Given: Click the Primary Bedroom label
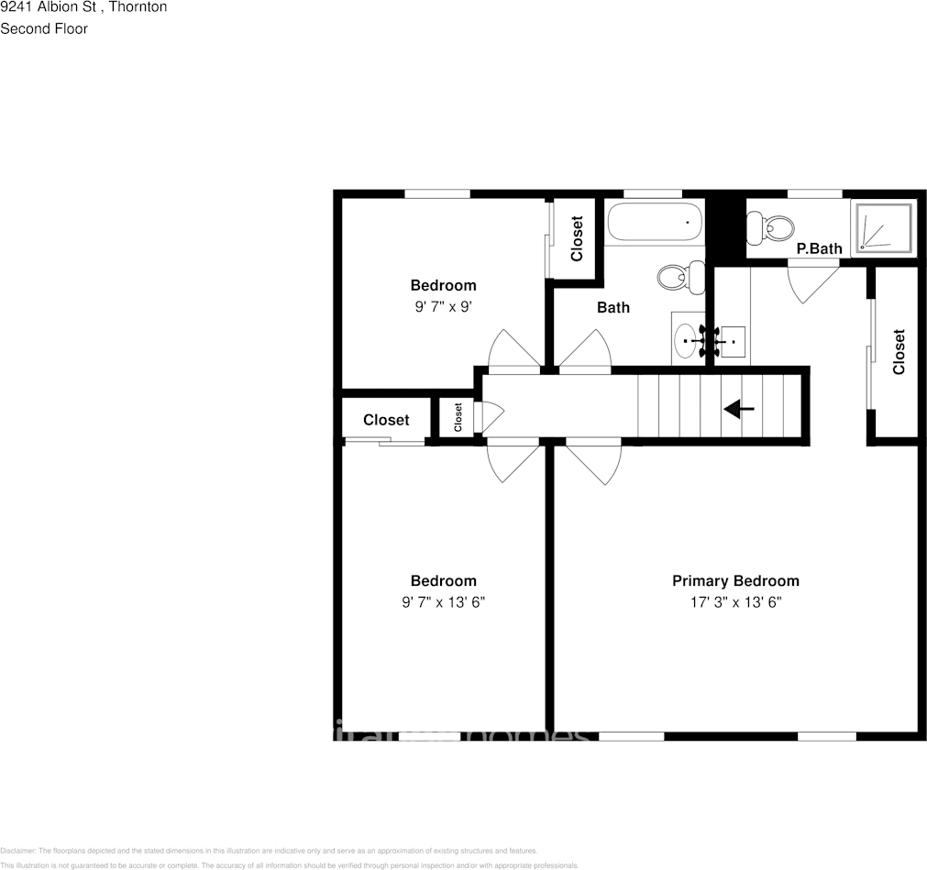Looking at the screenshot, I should pyautogui.click(x=735, y=580).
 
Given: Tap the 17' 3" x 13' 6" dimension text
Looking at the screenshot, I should pyautogui.click(x=735, y=602).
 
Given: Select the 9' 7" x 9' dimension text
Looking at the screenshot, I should pyautogui.click(x=443, y=307).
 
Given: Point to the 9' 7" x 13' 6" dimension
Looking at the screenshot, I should pyautogui.click(x=443, y=602).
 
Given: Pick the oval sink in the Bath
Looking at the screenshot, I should pyautogui.click(x=686, y=341).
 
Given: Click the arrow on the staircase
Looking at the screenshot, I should pyautogui.click(x=738, y=409).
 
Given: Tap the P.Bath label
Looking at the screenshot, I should pyautogui.click(x=819, y=248).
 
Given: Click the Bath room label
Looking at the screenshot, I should pyautogui.click(x=613, y=307).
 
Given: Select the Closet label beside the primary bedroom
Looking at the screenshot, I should pyautogui.click(x=899, y=352).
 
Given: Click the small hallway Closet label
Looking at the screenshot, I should pyautogui.click(x=458, y=417).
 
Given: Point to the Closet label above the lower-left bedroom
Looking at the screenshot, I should pyautogui.click(x=386, y=420).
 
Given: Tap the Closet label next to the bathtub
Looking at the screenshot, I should pyautogui.click(x=577, y=238).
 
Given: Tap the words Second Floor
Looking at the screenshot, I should pyautogui.click(x=44, y=28).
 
